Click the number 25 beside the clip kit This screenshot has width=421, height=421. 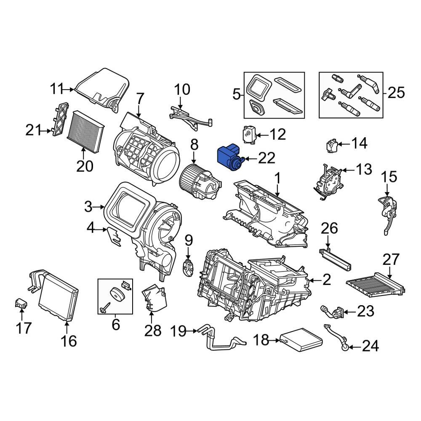pos(396,92)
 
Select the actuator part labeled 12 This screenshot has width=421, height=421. pos(249,134)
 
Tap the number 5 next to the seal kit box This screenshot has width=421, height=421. pos(236,94)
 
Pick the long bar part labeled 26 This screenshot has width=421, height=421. pos(336,258)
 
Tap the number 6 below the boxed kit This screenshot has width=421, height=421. pos(115,325)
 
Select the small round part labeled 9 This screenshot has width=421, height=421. pos(188,268)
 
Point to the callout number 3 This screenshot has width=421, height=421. pos(88,207)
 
